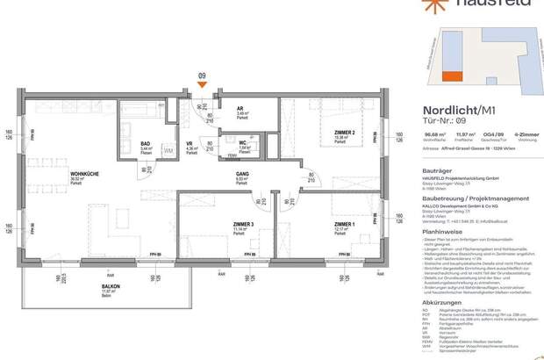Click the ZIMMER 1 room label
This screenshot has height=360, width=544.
344,225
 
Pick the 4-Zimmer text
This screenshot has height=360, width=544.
523,134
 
